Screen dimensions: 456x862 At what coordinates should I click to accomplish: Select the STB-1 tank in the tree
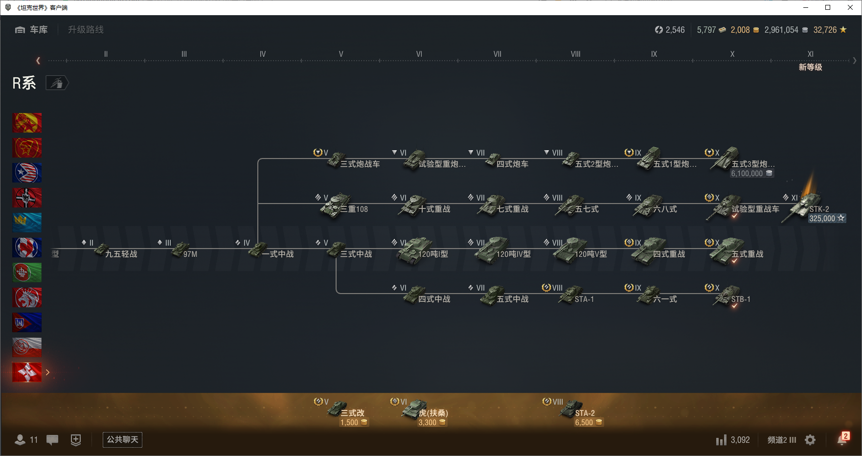point(729,297)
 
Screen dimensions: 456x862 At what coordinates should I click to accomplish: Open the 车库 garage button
point(32,30)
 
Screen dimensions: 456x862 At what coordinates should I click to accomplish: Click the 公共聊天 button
point(122,439)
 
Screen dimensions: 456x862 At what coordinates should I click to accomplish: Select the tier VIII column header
point(575,54)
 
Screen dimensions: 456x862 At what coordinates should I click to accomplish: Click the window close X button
point(850,7)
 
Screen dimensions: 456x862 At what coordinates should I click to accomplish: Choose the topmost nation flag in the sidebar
point(27,123)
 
